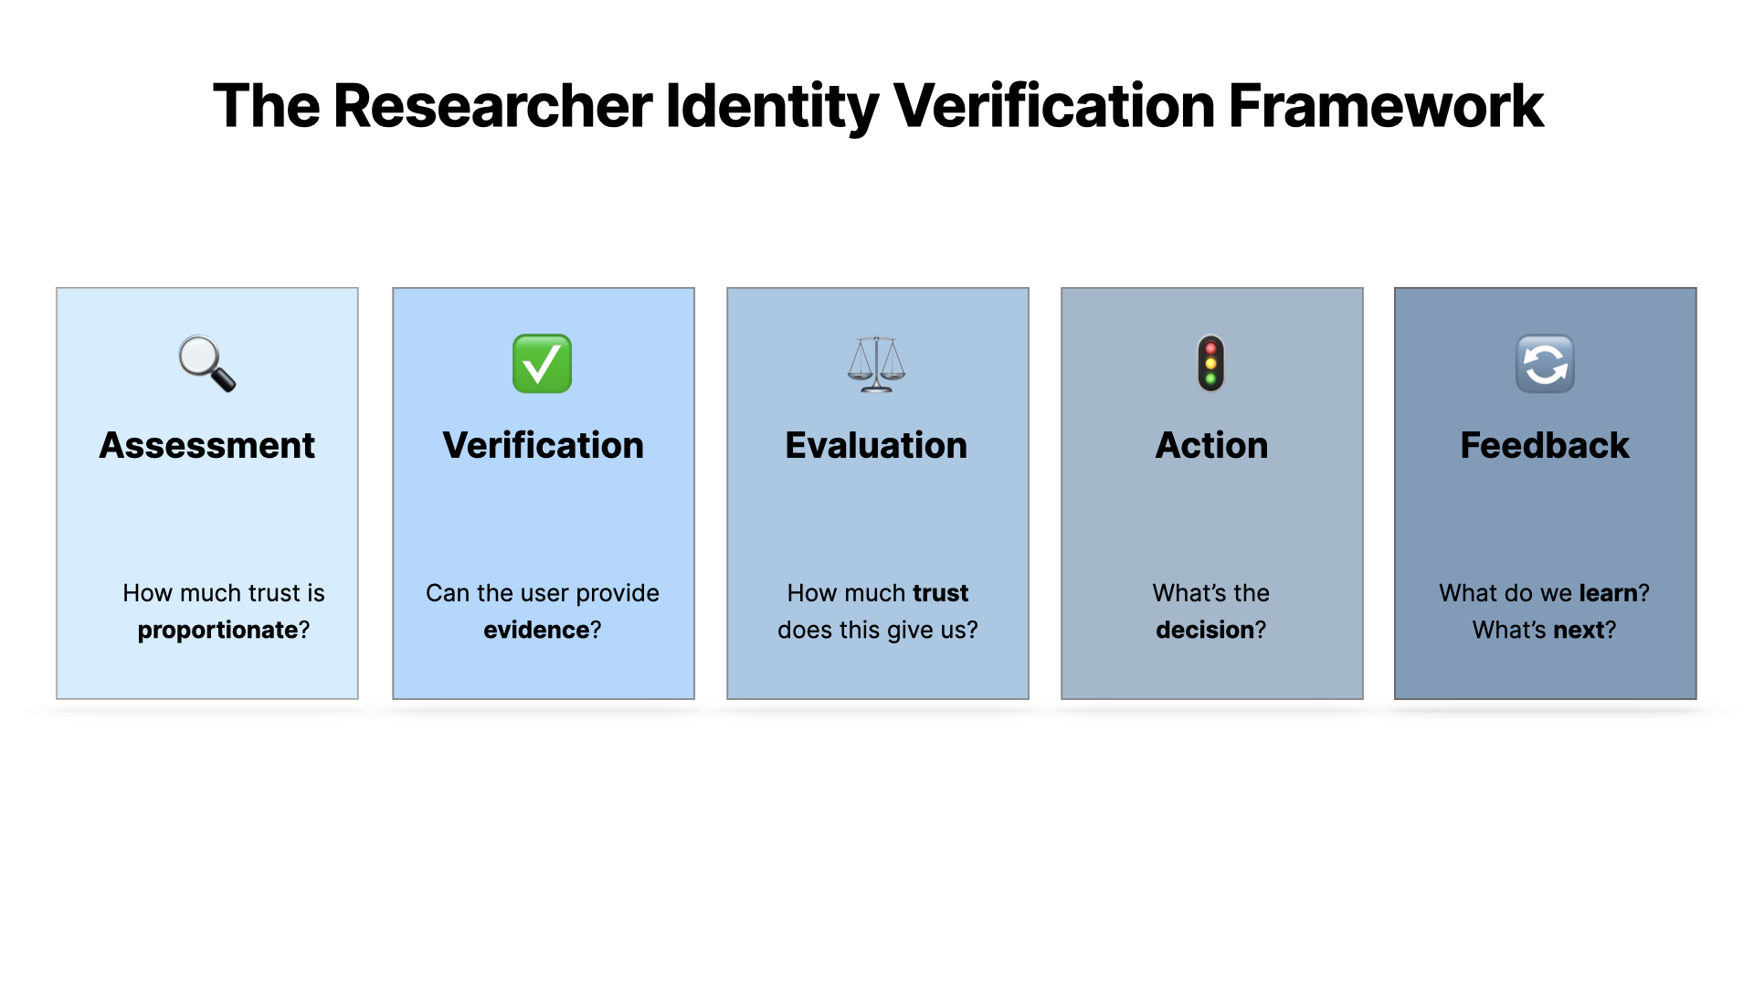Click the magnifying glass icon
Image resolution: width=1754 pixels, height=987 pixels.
coord(207,364)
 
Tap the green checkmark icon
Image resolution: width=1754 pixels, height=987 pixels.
coord(542,364)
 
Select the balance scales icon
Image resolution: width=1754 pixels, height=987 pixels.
coord(876,364)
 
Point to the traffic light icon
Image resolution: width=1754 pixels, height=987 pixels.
coord(1210,364)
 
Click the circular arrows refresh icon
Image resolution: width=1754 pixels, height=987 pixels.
coord(1545,364)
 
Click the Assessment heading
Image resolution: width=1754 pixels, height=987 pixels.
coord(207,445)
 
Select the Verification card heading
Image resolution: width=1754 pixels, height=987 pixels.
coord(543,445)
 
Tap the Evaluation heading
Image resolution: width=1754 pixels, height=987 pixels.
coord(876,445)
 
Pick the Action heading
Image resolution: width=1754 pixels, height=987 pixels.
coord(1211,445)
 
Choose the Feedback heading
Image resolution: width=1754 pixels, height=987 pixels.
coord(1545,445)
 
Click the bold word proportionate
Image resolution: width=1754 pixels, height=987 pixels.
coord(217,630)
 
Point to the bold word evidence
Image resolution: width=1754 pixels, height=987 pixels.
coord(536,630)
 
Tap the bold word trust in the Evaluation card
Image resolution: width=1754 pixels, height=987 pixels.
coord(940,593)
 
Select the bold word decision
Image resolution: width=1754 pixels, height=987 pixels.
coord(1205,630)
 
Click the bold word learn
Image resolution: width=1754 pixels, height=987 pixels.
coord(1608,593)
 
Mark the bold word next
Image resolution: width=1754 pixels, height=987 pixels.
coord(1579,630)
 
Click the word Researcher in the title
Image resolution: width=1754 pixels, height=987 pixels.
coord(493,106)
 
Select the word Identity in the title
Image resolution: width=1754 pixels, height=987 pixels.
coord(772,106)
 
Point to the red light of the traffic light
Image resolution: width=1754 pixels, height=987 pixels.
coord(1210,349)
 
